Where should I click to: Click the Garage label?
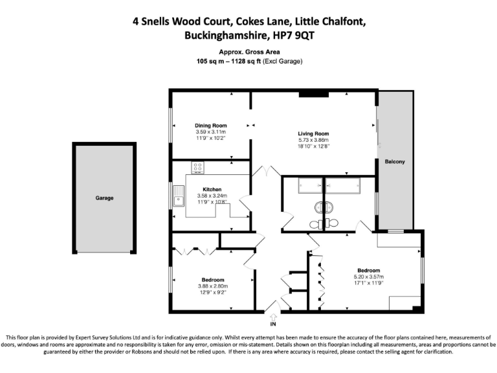point(104,198)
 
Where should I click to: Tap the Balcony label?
point(395,161)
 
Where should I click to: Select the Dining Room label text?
point(211,126)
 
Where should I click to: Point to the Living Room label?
point(314,134)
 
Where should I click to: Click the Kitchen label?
point(212,189)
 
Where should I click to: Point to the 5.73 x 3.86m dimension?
point(314,141)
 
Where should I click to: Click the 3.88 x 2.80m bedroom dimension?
point(213,286)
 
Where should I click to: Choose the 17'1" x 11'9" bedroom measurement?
point(368,282)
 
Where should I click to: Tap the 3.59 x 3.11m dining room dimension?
point(211,132)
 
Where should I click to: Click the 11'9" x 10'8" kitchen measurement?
point(212,202)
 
